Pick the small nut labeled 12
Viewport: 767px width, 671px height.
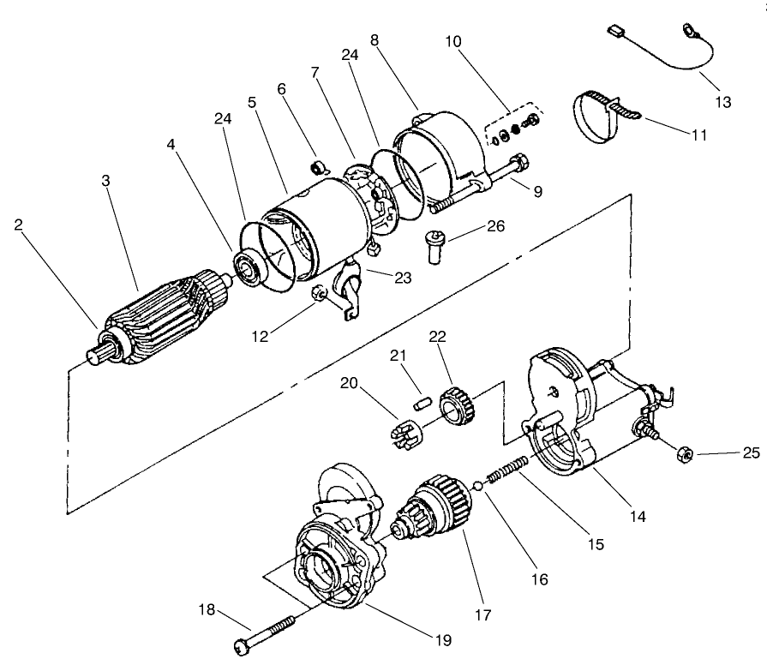coord(316,294)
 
